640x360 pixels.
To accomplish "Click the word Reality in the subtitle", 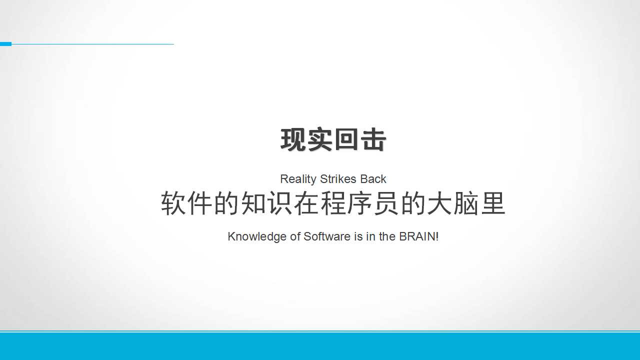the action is tap(298, 179).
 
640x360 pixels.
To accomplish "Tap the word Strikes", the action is tap(338, 179).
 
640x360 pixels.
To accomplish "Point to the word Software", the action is tap(327, 236).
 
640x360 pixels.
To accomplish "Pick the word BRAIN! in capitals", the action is tap(419, 236).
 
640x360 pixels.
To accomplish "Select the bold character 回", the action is tap(346, 139).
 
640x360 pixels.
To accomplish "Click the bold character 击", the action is tap(373, 139).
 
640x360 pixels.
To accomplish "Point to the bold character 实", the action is tap(320, 139).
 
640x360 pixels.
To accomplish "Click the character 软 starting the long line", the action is tap(173, 203).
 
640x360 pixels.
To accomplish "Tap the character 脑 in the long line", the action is tap(466, 203).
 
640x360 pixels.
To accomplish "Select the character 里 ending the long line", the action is tap(493, 203).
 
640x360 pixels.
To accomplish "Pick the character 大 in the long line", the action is tap(439, 203).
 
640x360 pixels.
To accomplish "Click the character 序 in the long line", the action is tap(359, 203).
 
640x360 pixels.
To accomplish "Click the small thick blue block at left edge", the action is tap(5, 44).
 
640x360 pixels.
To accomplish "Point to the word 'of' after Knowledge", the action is tap(295, 236).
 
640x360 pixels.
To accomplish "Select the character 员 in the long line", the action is tap(386, 203).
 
